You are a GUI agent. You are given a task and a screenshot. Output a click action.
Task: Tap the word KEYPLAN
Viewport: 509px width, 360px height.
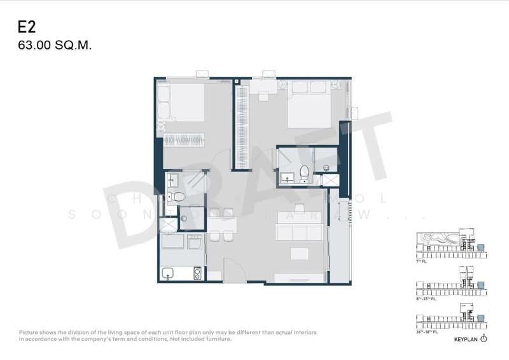coord(466,340)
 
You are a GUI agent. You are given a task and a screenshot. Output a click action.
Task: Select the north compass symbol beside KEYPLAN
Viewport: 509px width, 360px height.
coord(484,339)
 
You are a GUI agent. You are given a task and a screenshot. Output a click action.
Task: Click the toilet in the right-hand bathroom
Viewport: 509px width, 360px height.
coord(304,172)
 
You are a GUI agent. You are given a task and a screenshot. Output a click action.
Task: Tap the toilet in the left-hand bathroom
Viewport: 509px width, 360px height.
coord(178,197)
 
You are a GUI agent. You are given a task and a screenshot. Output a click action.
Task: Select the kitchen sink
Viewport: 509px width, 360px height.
coord(168,273)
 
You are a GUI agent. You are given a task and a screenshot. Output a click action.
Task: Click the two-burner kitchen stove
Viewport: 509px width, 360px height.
coord(197,273)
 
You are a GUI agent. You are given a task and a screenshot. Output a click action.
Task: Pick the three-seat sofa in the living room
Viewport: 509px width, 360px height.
coord(298,233)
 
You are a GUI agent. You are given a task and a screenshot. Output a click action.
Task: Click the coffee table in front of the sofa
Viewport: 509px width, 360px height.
coord(300,254)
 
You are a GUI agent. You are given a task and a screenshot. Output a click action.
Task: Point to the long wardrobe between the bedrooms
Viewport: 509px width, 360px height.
coord(241,127)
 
